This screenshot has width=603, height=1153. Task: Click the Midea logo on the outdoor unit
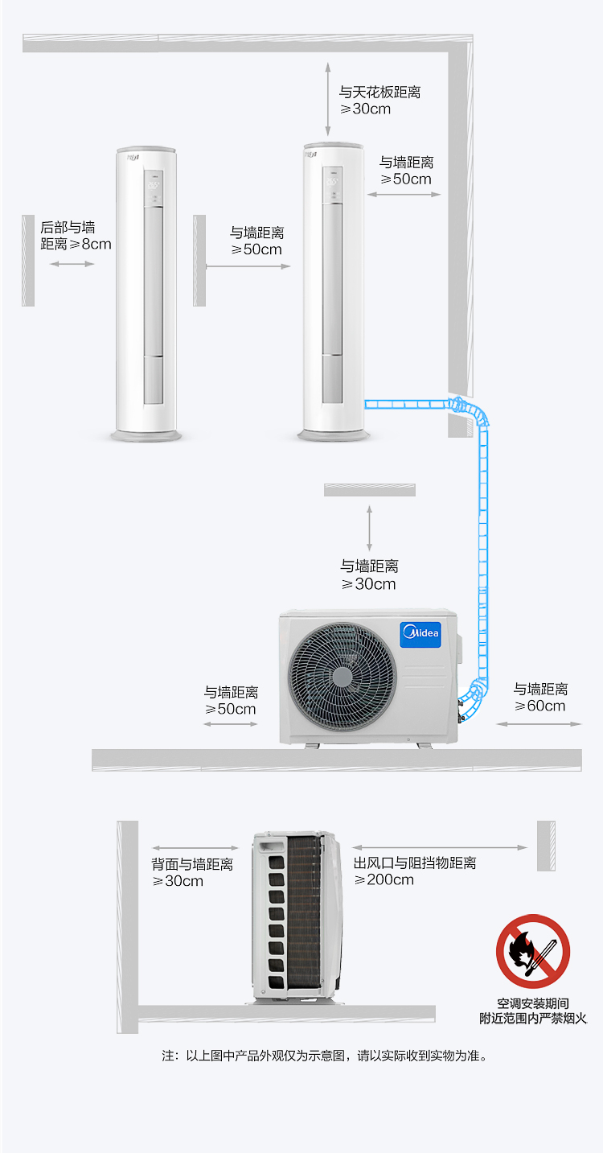pyautogui.click(x=420, y=634)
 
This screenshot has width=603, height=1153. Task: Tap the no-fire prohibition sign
pyautogui.click(x=532, y=951)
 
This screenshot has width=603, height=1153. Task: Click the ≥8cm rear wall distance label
pyautogui.click(x=76, y=236)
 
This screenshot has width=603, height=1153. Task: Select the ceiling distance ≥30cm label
pyautogui.click(x=379, y=101)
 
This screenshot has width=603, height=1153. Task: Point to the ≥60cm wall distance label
pyautogui.click(x=540, y=698)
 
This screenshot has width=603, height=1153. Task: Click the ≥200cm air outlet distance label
pyautogui.click(x=415, y=871)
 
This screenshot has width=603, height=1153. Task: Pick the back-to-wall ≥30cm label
pyautogui.click(x=192, y=872)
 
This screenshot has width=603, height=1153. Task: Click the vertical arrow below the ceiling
pyautogui.click(x=328, y=99)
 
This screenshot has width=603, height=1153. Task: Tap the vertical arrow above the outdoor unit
pyautogui.click(x=369, y=528)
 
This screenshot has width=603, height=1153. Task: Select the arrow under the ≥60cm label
pyautogui.click(x=539, y=723)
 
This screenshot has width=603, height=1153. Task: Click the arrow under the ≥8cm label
pyautogui.click(x=72, y=264)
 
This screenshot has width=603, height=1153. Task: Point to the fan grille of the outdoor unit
pyautogui.click(x=343, y=677)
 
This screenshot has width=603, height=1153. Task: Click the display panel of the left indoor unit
pyautogui.click(x=154, y=188)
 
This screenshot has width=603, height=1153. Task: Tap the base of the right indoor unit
pyautogui.click(x=334, y=435)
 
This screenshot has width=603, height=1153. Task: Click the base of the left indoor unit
pyautogui.click(x=146, y=436)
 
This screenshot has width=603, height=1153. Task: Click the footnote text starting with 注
pyautogui.click(x=324, y=1056)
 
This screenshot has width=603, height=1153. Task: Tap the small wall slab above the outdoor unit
pyautogui.click(x=369, y=490)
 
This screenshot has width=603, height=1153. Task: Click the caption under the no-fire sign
pyautogui.click(x=533, y=1011)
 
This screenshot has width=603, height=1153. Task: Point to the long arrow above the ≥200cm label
pyautogui.click(x=440, y=847)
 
